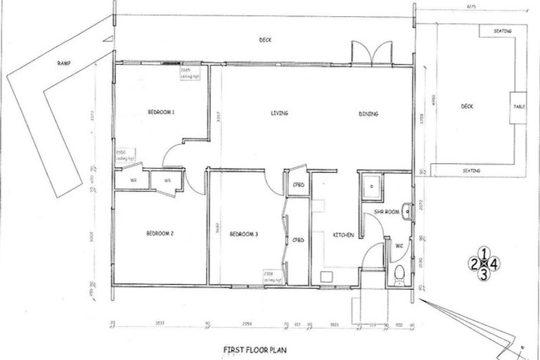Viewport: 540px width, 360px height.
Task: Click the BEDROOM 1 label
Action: click(161, 112)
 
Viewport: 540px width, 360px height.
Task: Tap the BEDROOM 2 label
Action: click(160, 233)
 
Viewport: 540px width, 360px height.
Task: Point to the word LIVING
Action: click(280, 113)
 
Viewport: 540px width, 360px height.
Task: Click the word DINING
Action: click(368, 113)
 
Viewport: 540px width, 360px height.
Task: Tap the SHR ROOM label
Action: click(387, 211)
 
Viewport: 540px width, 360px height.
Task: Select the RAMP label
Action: click(65, 63)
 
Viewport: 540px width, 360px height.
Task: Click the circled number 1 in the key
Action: click(483, 252)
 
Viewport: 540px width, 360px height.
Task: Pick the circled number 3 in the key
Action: click(483, 275)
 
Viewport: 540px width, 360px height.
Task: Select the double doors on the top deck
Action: click(372, 53)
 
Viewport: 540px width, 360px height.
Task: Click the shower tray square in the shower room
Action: click(370, 187)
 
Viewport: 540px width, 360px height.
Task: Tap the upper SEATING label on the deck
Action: click(503, 31)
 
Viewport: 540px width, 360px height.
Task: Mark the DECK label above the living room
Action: click(265, 39)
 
